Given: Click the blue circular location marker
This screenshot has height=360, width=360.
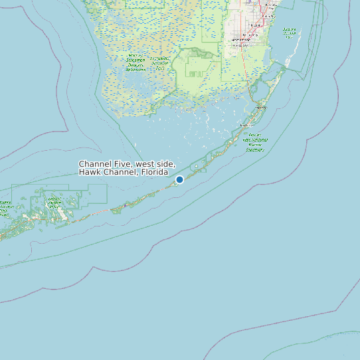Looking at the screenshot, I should point(179,179).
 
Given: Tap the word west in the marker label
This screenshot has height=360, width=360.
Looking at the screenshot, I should point(146,163).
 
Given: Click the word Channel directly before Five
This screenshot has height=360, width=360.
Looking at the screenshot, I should point(96,163).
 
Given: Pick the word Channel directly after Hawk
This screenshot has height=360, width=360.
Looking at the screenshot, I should point(118,172).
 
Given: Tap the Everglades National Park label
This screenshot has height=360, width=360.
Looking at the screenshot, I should point(159,63).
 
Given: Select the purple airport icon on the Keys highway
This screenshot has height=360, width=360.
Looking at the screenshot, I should point(124,205).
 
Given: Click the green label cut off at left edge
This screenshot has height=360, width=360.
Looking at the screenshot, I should point(5,207).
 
